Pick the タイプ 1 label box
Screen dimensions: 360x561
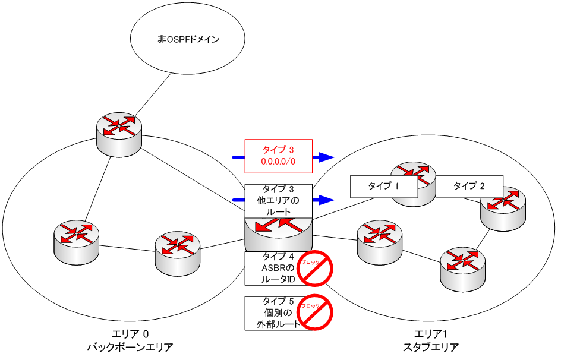(x=383, y=186)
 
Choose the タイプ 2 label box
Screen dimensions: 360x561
(x=469, y=186)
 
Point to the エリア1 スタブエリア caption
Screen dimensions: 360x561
(x=431, y=341)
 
